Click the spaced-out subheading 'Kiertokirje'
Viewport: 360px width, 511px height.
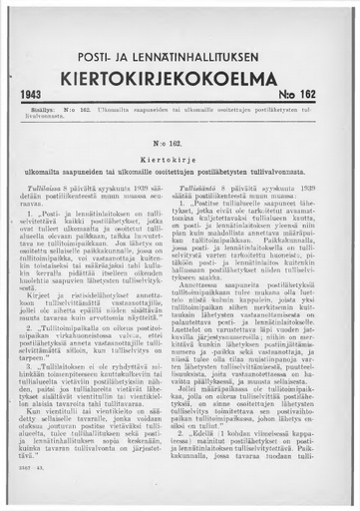point(180,160)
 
